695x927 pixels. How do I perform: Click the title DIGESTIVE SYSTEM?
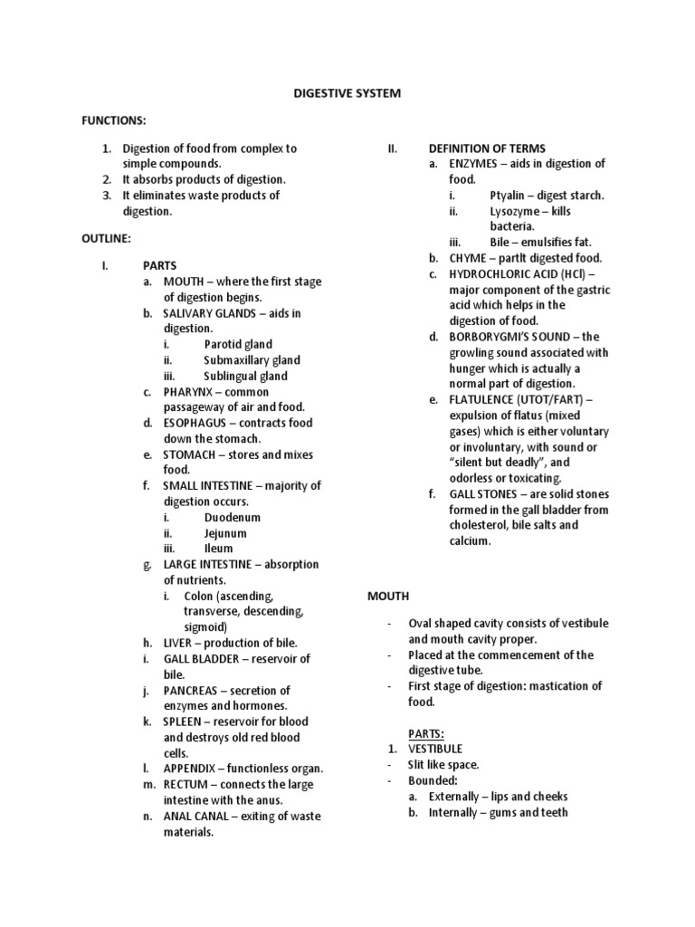347,93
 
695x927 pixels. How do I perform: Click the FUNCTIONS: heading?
113,120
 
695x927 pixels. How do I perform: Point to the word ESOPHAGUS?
195,423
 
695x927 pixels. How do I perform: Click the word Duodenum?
232,517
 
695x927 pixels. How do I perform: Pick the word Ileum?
218,549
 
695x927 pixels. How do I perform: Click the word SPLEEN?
185,722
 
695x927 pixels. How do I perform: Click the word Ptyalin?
509,195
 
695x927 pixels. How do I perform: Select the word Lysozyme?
517,211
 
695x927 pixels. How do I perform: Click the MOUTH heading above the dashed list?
387,596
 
